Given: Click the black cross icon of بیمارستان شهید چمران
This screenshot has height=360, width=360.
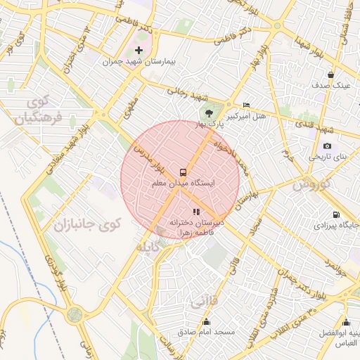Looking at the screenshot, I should point(139,50).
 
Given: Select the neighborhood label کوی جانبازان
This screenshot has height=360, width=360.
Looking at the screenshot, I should point(88,224).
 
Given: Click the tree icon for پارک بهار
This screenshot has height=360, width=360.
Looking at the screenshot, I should point(207,112).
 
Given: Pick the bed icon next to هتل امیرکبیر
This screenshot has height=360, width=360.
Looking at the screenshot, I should point(245,104).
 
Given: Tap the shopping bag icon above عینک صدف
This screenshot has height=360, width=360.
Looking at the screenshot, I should point(330,75).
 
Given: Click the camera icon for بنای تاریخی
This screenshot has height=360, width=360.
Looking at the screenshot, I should point(327,145).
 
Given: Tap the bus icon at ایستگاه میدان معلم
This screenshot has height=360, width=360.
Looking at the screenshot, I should point(183,172).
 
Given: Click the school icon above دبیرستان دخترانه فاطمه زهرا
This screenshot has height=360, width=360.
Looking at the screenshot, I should point(196,211).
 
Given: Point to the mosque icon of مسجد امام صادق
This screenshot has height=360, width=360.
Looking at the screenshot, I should point(206,322).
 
